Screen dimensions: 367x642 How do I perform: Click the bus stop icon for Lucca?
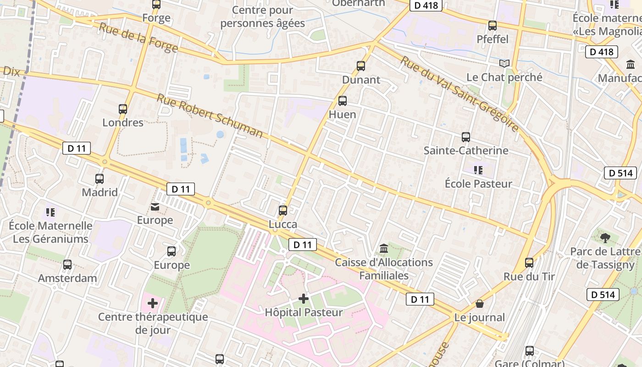point(283,211)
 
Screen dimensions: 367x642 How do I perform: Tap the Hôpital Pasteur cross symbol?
point(303,299)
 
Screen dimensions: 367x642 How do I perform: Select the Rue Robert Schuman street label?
point(210,116)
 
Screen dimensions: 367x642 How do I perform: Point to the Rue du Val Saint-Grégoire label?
point(459,94)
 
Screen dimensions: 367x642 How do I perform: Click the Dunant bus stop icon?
point(361,66)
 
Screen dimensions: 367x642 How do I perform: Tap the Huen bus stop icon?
point(342,101)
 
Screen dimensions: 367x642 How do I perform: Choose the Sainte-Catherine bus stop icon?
point(466,137)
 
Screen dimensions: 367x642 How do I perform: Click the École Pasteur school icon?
point(478,170)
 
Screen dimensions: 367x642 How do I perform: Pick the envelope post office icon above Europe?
point(155,207)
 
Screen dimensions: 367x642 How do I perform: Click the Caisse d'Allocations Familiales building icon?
point(384,249)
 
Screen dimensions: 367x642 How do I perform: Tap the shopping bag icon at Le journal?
point(480,304)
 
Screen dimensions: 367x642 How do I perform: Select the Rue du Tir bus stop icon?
point(529,263)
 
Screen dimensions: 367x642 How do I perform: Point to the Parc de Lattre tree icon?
point(605,238)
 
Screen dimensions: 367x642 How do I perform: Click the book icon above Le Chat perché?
point(504,63)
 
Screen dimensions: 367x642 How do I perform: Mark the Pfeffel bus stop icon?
point(493,26)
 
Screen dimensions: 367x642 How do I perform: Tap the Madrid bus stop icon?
point(100,179)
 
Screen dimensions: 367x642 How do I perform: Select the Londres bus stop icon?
point(123,109)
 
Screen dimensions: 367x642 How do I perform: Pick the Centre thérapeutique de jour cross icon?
point(153,303)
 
